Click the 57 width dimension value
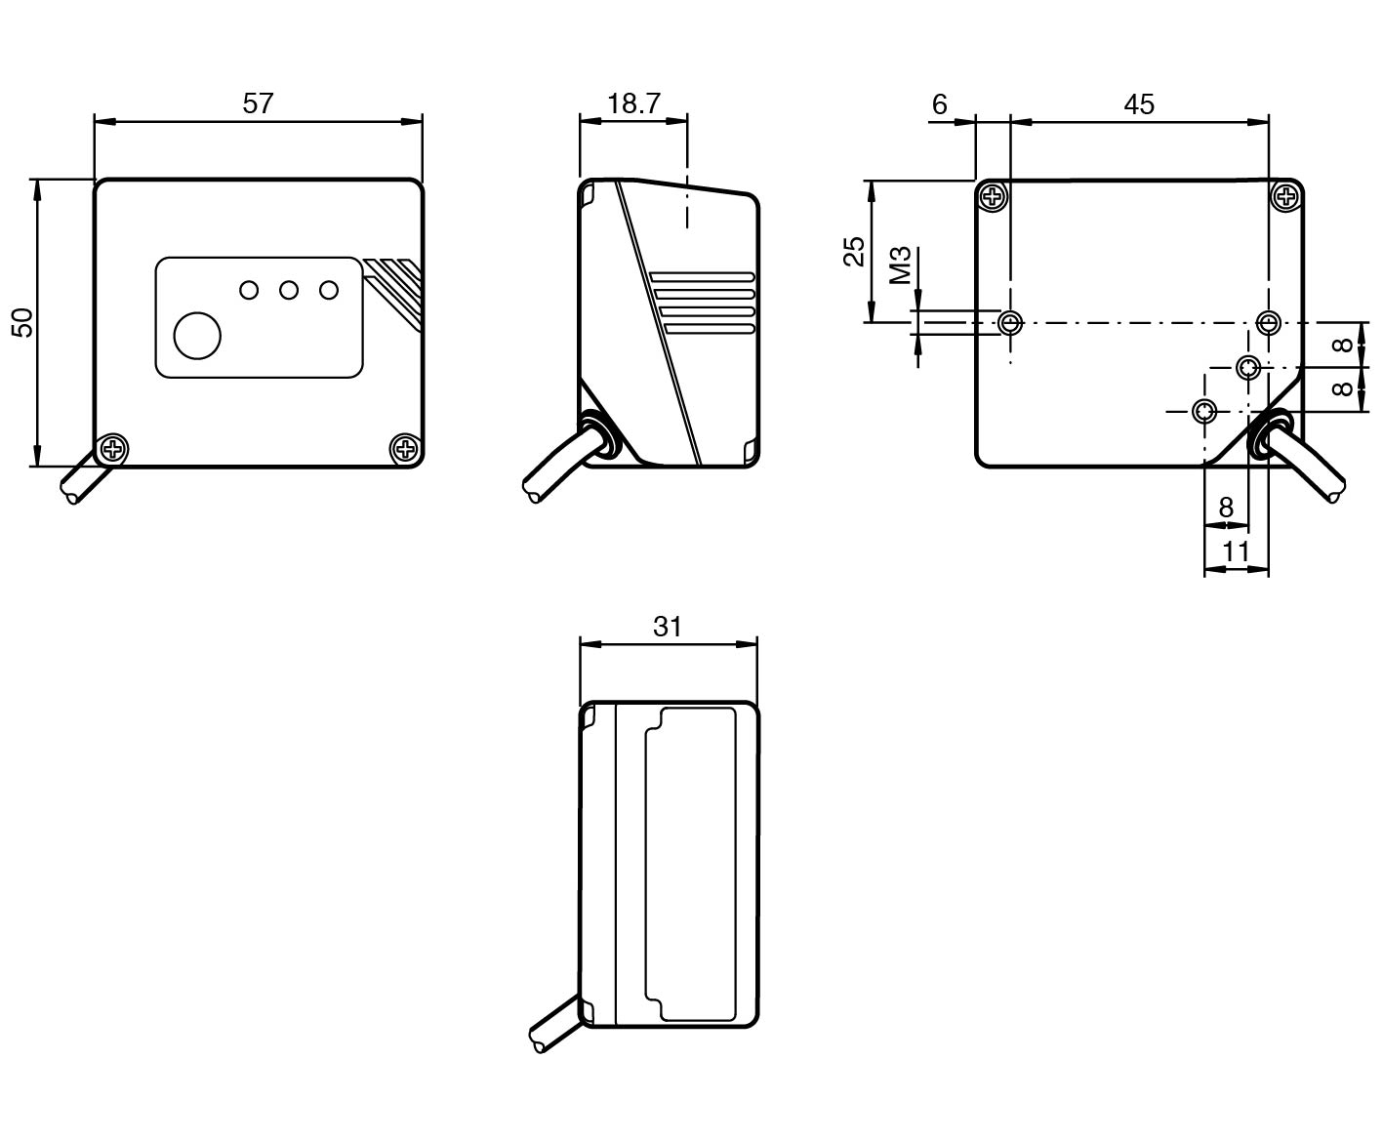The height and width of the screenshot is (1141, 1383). coord(258,103)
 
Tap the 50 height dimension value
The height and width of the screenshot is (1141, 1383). coord(21,321)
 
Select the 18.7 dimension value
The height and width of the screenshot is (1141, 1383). coord(633,103)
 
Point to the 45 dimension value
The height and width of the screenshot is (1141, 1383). coord(1138,103)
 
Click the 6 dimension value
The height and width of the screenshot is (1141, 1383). coord(939,103)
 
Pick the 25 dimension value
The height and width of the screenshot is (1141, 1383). coord(854,251)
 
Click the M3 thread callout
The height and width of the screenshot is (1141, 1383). coord(900,265)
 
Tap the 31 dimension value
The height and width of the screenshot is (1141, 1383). coord(668,626)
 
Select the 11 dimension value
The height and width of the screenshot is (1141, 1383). coord(1236,551)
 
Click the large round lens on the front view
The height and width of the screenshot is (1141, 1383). coord(197,335)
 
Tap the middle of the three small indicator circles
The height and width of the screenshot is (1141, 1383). coord(288,290)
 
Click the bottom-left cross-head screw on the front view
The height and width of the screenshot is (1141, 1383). coord(114,449)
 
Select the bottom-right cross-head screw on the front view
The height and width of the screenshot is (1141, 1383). coord(404,449)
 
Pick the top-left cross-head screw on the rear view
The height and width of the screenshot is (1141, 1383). coord(994,197)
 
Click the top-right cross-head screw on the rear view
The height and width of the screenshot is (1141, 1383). coord(1286,197)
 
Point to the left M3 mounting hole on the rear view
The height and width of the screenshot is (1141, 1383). coord(1011,321)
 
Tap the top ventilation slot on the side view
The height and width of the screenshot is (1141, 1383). coord(703,277)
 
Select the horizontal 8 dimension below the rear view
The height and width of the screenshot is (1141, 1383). coord(1226,507)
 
